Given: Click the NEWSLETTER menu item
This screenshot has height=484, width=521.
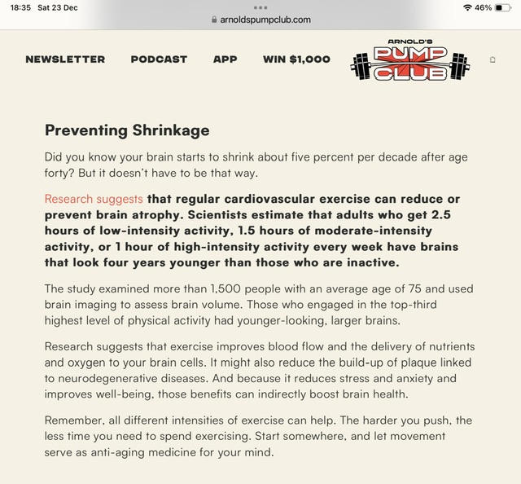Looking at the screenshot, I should [65, 59].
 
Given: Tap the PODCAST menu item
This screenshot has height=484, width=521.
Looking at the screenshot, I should [159, 59].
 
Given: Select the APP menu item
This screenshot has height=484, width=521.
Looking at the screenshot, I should [225, 59].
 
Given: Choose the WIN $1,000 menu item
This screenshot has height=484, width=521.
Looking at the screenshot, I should [296, 59].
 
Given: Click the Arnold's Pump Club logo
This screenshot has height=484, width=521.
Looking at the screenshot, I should [410, 61].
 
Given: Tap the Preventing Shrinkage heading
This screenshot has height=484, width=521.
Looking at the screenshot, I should [127, 130].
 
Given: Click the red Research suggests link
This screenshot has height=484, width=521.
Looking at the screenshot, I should [94, 200].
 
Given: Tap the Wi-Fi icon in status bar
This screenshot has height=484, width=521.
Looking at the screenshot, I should [466, 7].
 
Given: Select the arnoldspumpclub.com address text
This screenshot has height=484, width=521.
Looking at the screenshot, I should [265, 20].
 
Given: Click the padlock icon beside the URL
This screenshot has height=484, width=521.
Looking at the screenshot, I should [214, 20].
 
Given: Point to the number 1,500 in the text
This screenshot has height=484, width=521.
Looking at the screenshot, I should [226, 289].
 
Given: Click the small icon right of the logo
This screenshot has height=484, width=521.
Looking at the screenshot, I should [493, 60].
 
